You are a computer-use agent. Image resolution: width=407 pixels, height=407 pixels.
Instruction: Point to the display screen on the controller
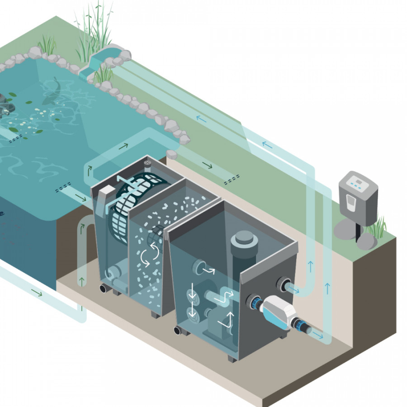358,183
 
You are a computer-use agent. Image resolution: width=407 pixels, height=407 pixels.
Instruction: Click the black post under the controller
357,231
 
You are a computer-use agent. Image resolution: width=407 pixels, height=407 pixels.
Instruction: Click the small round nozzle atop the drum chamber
147,161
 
